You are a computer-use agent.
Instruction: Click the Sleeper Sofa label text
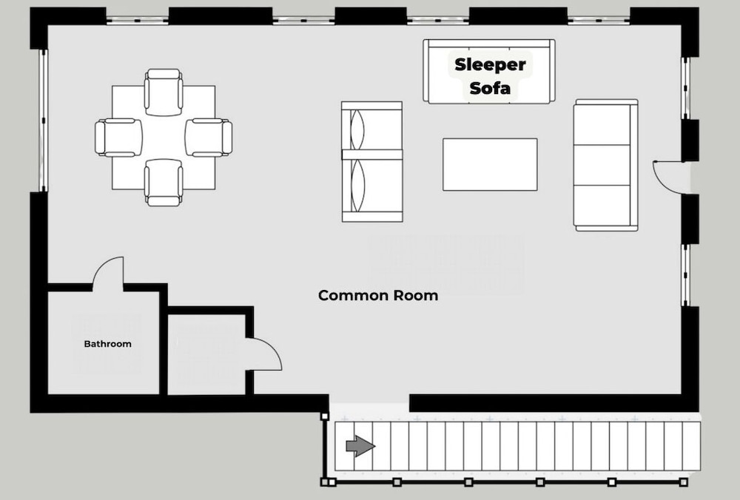(490, 76)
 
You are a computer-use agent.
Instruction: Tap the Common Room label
(378, 296)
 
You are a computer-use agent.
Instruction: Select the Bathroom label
(107, 344)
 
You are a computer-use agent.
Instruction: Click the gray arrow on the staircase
(360, 446)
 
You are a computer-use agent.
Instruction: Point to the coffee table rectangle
(490, 165)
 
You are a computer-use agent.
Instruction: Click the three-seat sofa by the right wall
(605, 165)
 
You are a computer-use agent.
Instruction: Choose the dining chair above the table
(164, 92)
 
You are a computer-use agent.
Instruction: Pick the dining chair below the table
(164, 183)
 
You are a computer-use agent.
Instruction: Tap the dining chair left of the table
(118, 138)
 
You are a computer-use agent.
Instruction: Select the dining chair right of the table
(209, 138)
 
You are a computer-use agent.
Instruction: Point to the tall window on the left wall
(43, 121)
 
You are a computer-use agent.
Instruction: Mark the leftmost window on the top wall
(138, 20)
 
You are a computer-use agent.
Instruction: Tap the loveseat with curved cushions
(372, 161)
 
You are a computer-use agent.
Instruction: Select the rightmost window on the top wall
(599, 20)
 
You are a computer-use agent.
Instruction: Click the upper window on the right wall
(686, 88)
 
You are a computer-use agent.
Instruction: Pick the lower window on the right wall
(686, 275)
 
